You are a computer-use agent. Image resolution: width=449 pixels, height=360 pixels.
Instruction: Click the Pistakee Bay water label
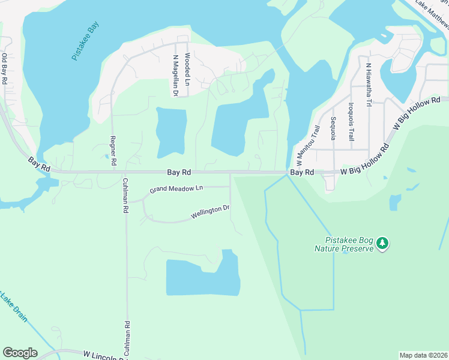85,41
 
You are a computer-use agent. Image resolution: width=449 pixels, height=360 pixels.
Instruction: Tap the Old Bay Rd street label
4,68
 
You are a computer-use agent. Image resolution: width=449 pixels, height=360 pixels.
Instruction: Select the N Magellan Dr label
175,76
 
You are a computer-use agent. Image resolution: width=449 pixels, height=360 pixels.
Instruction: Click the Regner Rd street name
112,151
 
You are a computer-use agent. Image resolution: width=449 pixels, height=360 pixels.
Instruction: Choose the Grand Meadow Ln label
176,188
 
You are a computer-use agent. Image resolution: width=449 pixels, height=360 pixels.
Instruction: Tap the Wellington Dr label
210,211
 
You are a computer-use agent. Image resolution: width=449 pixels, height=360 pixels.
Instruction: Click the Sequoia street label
333,128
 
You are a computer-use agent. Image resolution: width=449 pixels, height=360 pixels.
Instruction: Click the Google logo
20,353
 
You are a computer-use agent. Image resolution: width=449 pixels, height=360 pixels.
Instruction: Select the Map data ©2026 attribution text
423,355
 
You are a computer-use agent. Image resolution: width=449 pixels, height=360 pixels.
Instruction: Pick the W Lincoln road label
102,355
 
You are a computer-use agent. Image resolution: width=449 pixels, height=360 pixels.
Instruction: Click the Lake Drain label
13,305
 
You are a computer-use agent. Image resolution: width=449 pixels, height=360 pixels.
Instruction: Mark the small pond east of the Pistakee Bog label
395,203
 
